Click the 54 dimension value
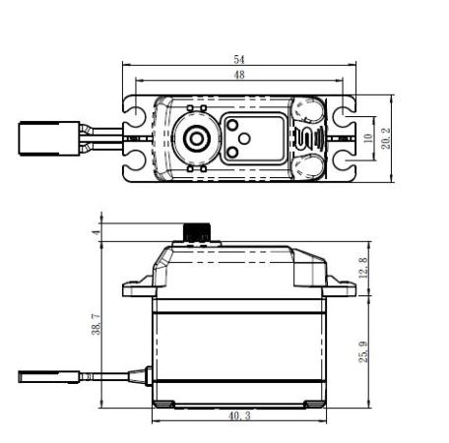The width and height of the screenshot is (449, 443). click(x=239, y=60)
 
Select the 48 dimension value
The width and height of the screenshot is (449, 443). click(x=239, y=75)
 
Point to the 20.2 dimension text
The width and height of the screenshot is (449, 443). click(x=386, y=139)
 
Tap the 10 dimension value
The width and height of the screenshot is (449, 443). click(x=368, y=138)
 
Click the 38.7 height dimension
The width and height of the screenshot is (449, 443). click(x=96, y=324)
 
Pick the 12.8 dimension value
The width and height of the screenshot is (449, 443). click(x=363, y=268)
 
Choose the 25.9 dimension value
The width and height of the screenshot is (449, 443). click(x=363, y=351)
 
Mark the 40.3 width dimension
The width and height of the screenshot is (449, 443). click(x=239, y=416)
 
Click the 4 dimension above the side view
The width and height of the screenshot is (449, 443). click(x=96, y=232)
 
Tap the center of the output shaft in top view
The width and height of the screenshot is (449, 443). click(x=197, y=139)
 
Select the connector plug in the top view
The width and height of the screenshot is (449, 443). click(x=49, y=139)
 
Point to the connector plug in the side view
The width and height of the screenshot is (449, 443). click(x=49, y=377)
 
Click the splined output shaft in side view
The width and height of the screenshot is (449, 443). click(x=197, y=232)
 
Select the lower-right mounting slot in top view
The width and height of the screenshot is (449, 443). click(x=344, y=161)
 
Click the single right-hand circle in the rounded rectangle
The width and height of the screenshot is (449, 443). click(x=244, y=139)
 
